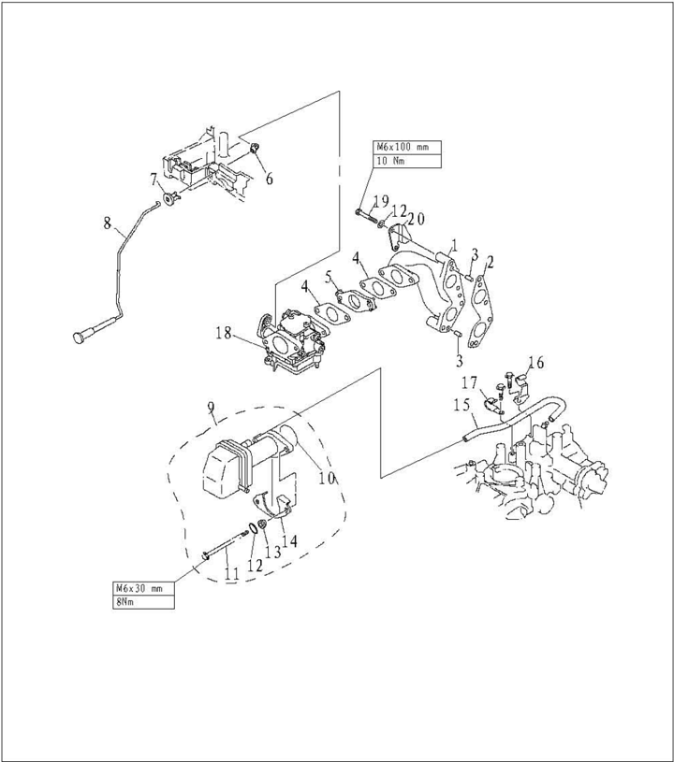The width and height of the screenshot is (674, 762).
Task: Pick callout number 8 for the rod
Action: [x=108, y=223]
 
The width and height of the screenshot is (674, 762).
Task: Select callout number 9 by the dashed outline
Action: [x=212, y=407]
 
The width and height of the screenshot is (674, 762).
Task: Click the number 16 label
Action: [x=535, y=361]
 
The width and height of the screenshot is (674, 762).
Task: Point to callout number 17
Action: [x=470, y=381]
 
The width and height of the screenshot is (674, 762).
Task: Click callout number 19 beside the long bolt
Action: [x=381, y=201]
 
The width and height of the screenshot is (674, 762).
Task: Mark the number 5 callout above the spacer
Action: [x=330, y=278]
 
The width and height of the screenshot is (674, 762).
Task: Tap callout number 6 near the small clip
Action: [x=269, y=179]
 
